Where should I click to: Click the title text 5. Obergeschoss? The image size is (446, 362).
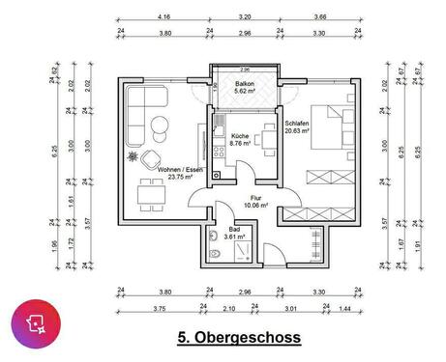click(x=240, y=339)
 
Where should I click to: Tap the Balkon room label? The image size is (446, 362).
click(x=246, y=85)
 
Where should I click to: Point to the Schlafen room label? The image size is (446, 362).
click(x=298, y=124)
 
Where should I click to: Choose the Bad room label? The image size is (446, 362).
click(x=233, y=228)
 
